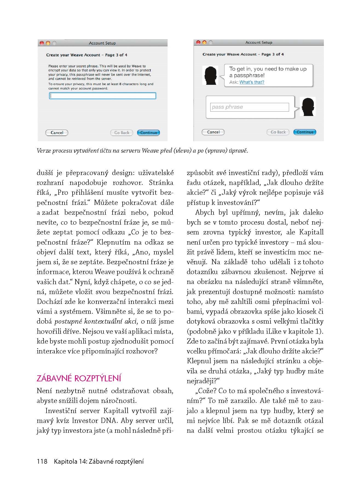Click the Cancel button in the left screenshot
(57, 133)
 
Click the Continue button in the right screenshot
(305, 132)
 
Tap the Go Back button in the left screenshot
(122, 133)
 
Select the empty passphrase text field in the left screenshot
(102, 96)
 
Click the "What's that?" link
(252, 82)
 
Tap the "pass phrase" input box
(249, 107)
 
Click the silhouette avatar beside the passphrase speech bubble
(210, 75)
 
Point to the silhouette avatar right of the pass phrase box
(307, 106)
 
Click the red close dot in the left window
(42, 43)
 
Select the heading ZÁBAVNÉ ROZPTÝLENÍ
(79, 378)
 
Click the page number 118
(42, 461)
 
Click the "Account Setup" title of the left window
(102, 43)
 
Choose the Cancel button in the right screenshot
(213, 132)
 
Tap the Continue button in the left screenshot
(148, 133)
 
